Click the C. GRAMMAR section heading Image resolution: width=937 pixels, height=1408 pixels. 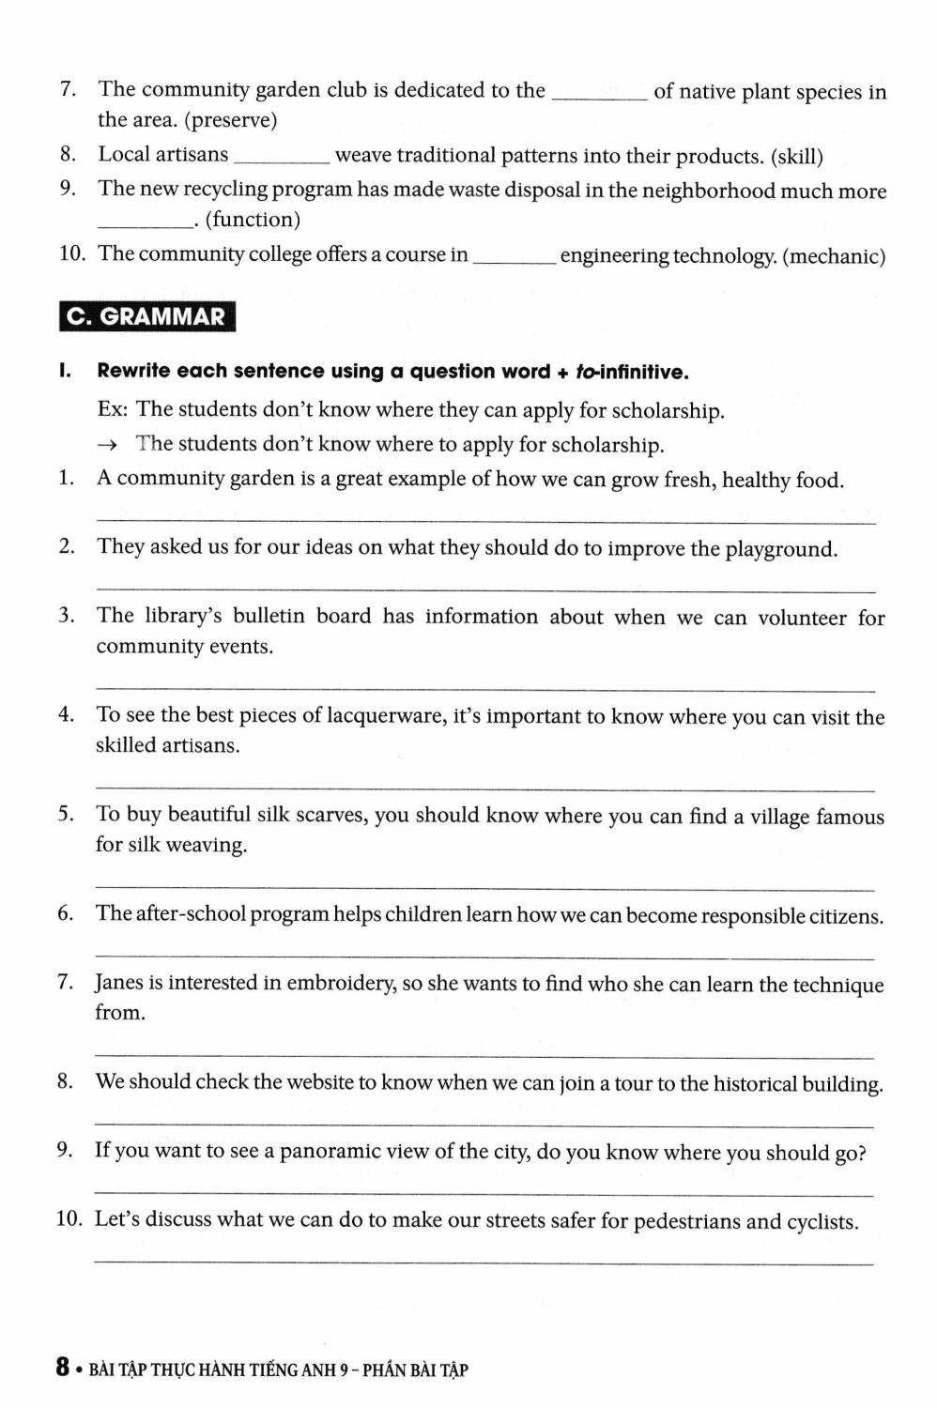(146, 316)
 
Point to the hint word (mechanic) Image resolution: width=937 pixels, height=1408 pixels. (834, 256)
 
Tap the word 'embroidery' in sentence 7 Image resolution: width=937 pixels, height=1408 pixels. (341, 984)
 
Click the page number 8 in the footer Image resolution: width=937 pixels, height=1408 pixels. (62, 1368)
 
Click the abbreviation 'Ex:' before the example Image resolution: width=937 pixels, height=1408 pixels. (113, 410)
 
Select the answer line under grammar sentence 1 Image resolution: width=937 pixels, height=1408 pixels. (485, 521)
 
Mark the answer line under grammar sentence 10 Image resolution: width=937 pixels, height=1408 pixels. (484, 1263)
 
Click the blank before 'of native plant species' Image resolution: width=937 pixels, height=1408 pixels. (599, 98)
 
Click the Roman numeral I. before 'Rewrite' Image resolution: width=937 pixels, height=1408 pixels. (65, 371)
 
